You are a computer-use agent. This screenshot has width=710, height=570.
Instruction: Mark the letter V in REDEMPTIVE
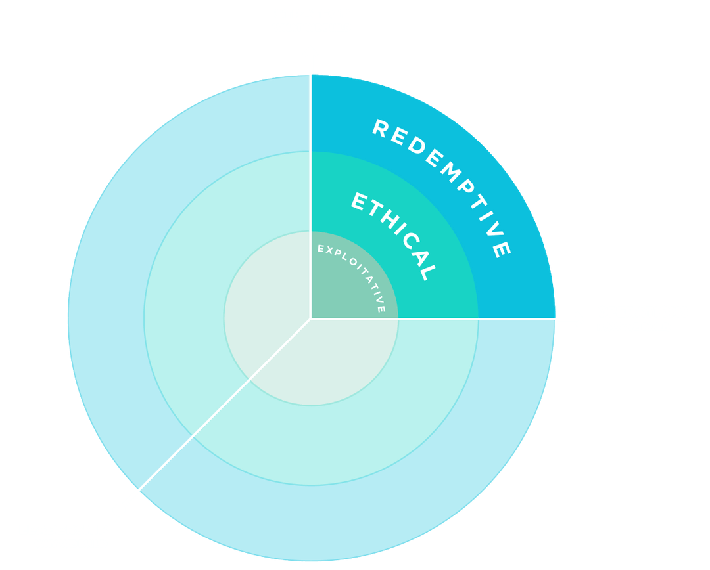point(495,229)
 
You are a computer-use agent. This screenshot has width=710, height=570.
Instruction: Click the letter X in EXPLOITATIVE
point(329,250)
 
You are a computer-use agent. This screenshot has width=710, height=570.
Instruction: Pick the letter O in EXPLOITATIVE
point(353,263)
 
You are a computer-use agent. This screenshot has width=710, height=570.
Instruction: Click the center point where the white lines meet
point(310,318)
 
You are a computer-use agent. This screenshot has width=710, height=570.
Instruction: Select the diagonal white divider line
point(225,405)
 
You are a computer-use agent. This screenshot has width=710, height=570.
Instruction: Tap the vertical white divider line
point(310,197)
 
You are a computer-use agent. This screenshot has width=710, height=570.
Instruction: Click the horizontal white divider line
point(433,318)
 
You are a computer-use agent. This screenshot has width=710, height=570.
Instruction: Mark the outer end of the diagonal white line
point(139,490)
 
